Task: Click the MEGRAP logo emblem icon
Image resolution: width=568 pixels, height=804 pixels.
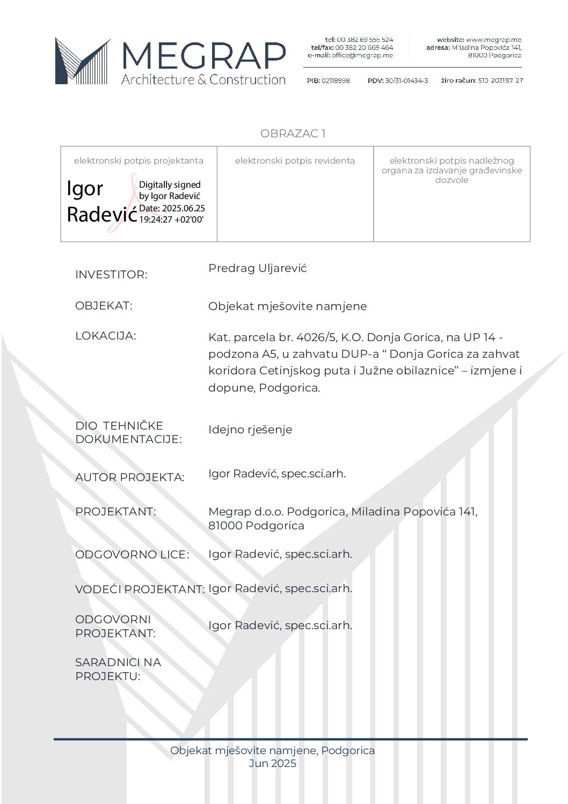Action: click(x=82, y=61)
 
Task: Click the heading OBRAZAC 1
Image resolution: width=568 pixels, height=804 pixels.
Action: click(x=293, y=134)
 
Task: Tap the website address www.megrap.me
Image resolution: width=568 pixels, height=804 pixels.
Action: click(x=493, y=40)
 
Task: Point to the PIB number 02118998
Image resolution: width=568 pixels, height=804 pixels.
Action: click(x=336, y=80)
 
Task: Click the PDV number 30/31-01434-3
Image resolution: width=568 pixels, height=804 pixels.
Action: click(x=406, y=80)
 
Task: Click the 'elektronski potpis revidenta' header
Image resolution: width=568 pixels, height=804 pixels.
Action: click(x=295, y=160)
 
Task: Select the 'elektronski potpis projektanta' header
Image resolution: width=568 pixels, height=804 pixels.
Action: click(x=139, y=160)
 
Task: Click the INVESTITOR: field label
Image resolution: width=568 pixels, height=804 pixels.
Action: click(x=111, y=275)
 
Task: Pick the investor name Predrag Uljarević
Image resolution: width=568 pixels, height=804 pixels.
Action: click(x=257, y=268)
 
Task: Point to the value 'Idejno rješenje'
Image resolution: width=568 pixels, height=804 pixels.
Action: click(x=250, y=430)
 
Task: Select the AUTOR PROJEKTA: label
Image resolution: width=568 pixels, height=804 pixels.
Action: click(x=129, y=477)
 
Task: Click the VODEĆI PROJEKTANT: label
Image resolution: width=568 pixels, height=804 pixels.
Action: click(x=140, y=589)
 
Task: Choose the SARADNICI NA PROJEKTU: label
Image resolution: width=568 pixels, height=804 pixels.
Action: click(x=118, y=669)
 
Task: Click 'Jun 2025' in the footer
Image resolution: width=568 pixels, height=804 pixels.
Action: click(x=272, y=763)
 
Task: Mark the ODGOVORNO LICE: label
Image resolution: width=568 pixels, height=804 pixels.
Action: click(x=132, y=555)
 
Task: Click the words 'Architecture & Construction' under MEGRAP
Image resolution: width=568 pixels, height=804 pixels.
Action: click(x=203, y=80)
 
